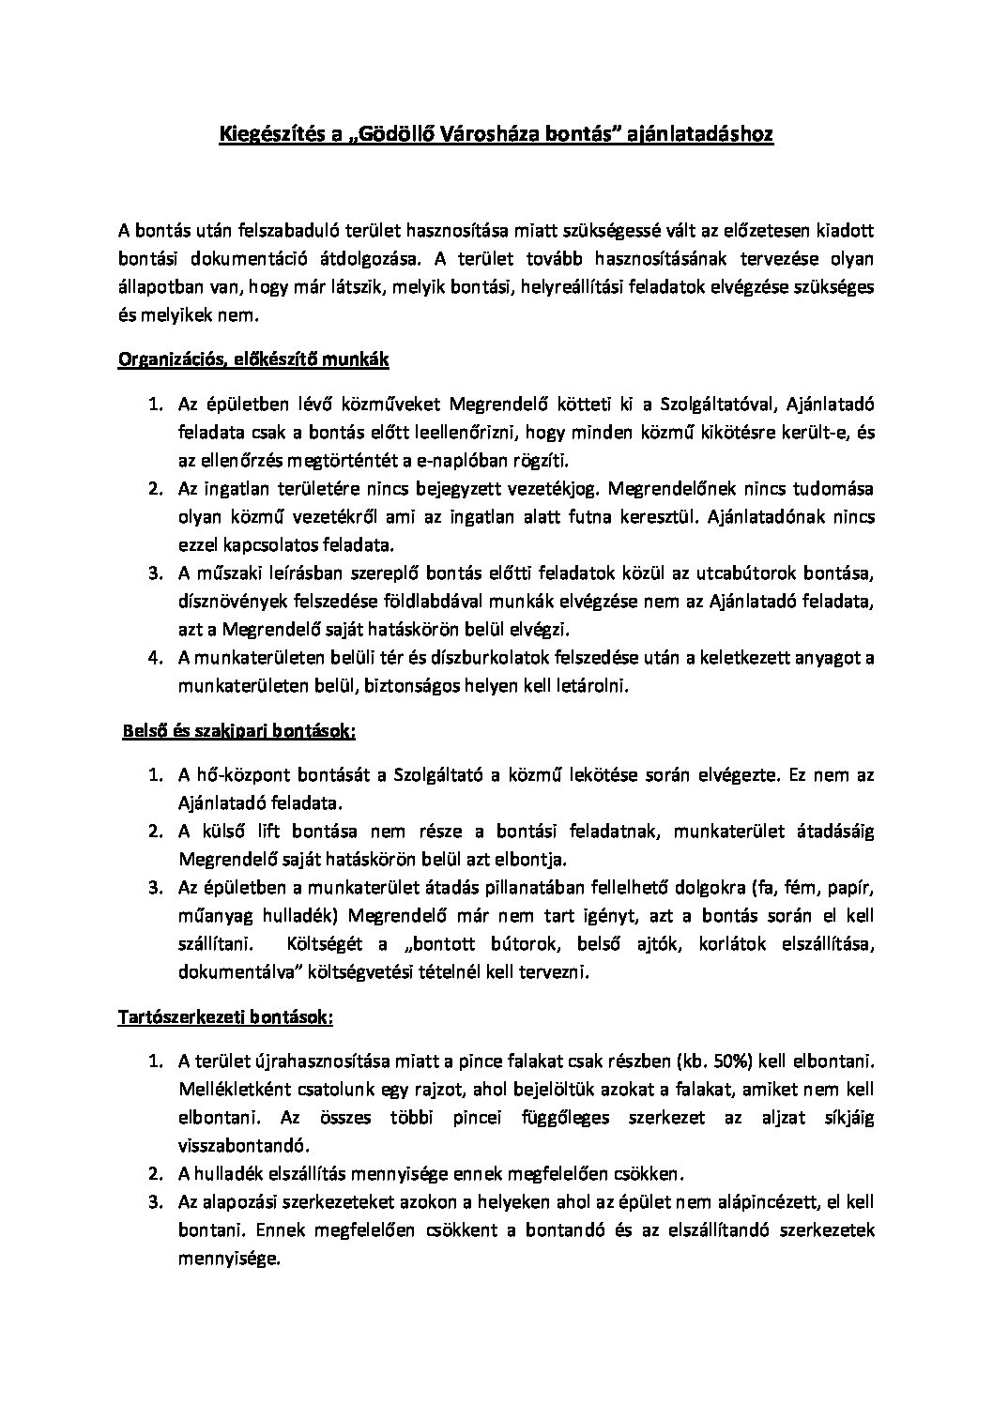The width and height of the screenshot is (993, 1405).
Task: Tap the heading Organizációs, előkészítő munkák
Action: coord(253,360)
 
